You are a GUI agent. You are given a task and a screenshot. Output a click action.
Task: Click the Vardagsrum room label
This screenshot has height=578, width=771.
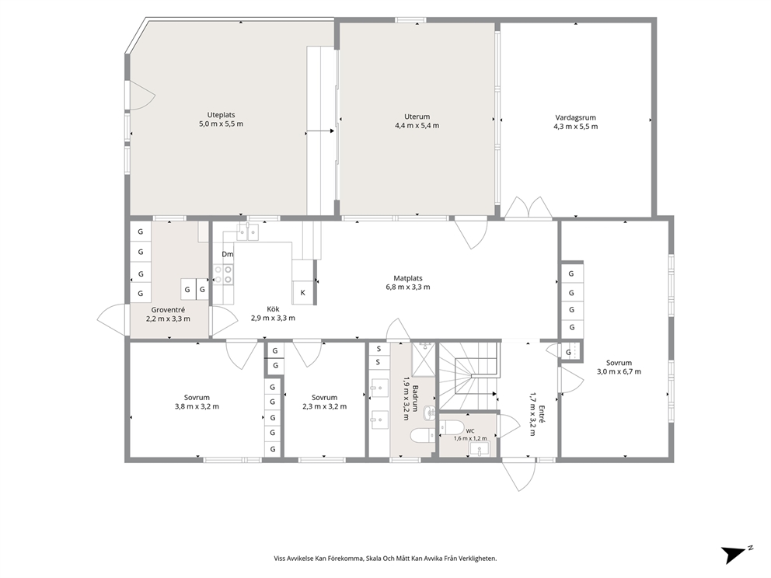click(575, 117)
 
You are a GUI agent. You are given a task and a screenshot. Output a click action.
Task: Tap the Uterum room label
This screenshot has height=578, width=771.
click(417, 117)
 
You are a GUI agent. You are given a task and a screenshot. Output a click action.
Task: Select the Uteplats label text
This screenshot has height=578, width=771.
click(221, 115)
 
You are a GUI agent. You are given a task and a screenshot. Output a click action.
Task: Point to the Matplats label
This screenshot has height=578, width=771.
click(407, 278)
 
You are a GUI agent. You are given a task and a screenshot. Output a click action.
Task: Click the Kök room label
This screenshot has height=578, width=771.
click(273, 309)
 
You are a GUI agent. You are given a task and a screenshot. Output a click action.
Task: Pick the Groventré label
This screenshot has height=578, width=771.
click(168, 310)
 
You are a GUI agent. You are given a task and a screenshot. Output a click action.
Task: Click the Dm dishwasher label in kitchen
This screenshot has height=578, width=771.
click(227, 254)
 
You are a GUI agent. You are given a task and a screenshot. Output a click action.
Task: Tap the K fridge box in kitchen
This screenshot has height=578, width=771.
click(303, 292)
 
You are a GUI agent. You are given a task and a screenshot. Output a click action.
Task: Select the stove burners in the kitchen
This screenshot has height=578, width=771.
click(223, 274)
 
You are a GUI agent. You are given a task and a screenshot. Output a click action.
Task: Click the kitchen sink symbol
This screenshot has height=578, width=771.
click(248, 232)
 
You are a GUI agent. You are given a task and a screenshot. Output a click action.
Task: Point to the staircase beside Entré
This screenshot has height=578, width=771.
click(469, 376)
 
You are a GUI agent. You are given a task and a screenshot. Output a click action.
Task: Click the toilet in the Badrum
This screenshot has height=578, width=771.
click(421, 434)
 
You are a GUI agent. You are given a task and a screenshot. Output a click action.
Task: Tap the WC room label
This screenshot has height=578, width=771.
click(470, 431)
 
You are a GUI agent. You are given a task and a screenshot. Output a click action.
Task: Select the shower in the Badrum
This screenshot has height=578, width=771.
click(424, 359)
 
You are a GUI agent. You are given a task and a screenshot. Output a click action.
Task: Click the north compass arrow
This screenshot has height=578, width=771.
click(734, 555)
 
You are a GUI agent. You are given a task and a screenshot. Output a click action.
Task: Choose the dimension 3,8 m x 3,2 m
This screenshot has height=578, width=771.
click(197, 406)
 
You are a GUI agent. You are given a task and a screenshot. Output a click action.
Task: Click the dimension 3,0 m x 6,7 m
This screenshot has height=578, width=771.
click(619, 371)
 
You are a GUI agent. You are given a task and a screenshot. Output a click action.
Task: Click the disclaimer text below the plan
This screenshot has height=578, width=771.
click(385, 559)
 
